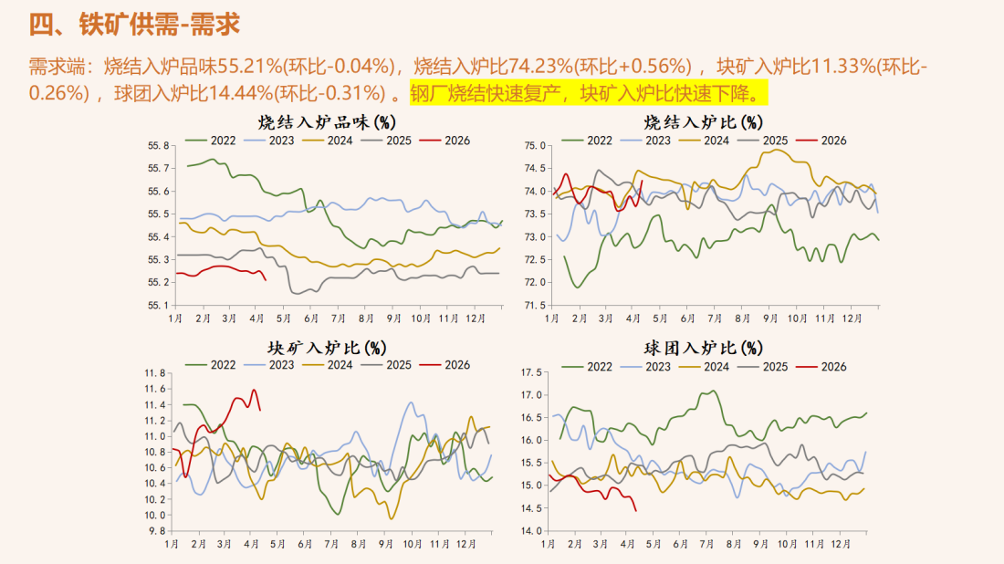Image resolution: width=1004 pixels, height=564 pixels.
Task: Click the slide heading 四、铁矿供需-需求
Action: [x=134, y=25]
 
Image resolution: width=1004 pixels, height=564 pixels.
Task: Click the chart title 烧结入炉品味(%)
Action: [x=326, y=121]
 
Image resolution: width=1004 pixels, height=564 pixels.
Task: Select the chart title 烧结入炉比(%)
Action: [x=704, y=121]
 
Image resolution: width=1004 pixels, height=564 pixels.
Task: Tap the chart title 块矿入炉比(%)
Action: [x=326, y=348]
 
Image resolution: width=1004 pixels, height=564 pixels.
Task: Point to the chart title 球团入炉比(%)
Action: [x=704, y=348]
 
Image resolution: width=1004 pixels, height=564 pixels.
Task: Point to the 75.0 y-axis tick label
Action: [x=535, y=146]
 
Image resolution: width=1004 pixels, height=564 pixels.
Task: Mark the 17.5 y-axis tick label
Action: [x=530, y=372]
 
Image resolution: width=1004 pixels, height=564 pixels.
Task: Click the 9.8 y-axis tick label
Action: [x=157, y=530]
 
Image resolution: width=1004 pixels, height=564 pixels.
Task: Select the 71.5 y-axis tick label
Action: [x=535, y=305]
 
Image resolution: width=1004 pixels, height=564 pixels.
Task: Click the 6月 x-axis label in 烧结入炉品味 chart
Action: [x=311, y=319]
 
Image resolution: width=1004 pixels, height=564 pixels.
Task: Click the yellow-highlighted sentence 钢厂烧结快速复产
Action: [x=489, y=93]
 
